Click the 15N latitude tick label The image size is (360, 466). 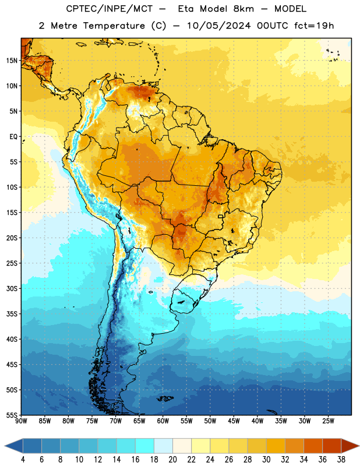click(x=12, y=61)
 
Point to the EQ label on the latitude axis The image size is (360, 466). click(x=13, y=137)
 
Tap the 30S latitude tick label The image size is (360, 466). click(x=12, y=288)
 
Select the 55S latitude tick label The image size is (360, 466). click(x=12, y=415)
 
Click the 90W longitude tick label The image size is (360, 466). click(x=21, y=421)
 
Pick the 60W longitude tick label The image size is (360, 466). click(x=163, y=421)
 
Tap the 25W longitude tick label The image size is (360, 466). click(x=328, y=421)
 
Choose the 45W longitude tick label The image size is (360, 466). click(x=234, y=421)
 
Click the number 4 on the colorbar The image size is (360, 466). click(x=23, y=460)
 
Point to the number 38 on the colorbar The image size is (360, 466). click(x=341, y=460)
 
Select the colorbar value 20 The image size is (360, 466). click(x=172, y=460)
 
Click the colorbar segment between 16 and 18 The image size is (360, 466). click(x=144, y=446)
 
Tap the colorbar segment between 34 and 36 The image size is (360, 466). click(x=313, y=446)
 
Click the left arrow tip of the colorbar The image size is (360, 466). click(x=5, y=446)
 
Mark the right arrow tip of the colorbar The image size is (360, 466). click(x=359, y=446)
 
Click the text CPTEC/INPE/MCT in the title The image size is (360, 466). click(x=109, y=9)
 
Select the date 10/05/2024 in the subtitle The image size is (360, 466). click(x=218, y=26)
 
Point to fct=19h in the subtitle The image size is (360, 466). click(x=314, y=26)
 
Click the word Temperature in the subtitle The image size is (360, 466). click(x=114, y=26)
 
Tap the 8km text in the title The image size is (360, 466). click(x=243, y=9)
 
